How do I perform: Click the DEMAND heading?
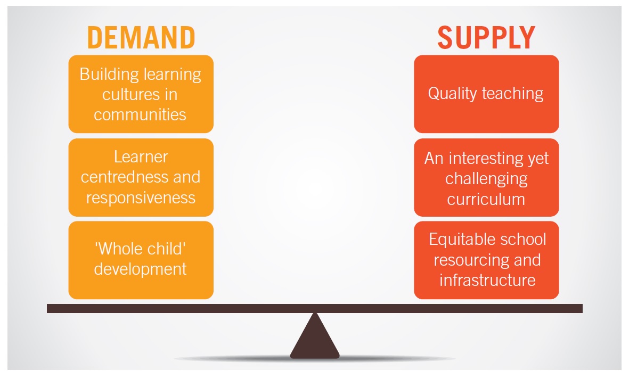point(141,38)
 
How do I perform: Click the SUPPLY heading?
point(486,38)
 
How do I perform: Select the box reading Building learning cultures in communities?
point(141,94)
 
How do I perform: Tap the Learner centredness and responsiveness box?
point(141,178)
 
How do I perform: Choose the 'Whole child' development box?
point(141,260)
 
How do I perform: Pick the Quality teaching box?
point(486,94)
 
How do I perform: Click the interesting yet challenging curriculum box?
point(486,178)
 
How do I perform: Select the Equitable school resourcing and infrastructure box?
point(486,260)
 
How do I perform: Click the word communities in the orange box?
point(140,114)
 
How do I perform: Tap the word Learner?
point(141,157)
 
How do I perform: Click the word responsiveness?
point(141,198)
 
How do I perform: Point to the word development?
point(141,269)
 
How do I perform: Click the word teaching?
point(513,94)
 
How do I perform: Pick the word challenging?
point(486,179)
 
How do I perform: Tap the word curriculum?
point(486,199)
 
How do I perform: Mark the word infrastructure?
point(487,280)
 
